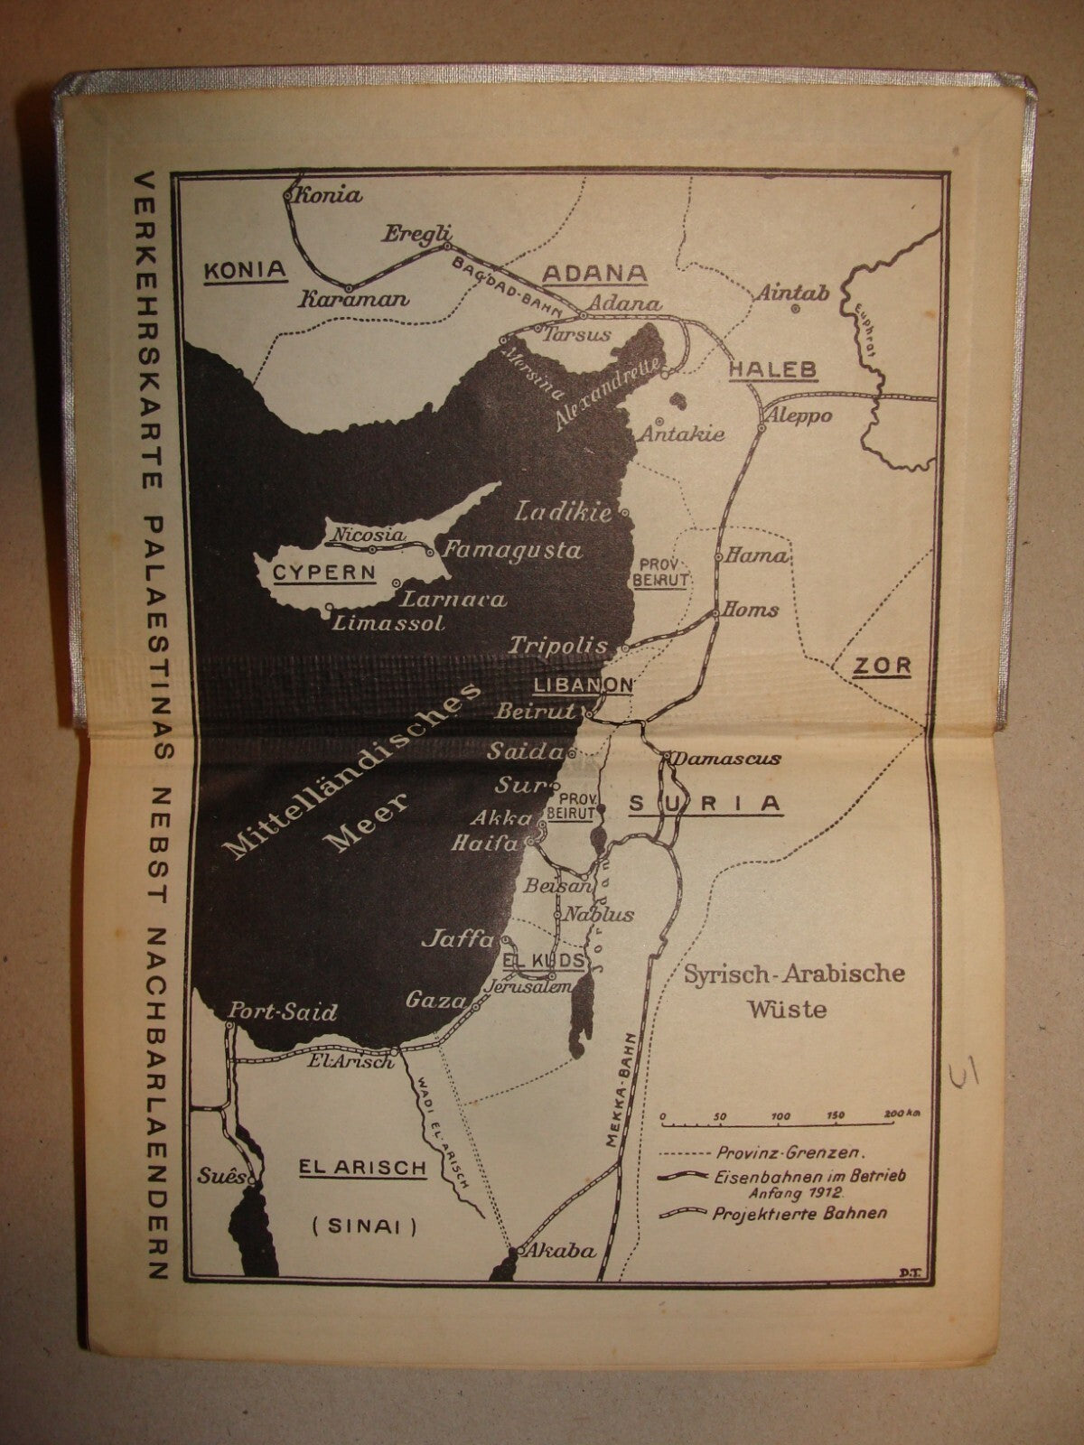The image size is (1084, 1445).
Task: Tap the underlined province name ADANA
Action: click(x=593, y=274)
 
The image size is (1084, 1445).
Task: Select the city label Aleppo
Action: click(x=798, y=415)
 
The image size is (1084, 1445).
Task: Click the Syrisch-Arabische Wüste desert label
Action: click(x=794, y=991)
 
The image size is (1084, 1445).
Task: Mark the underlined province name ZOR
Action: click(x=883, y=667)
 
